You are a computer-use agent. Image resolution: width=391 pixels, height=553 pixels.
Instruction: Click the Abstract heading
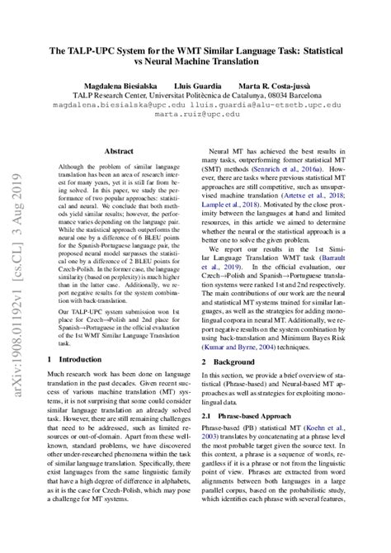119,152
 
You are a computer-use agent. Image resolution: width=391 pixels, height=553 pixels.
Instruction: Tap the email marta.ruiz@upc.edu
195,116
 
